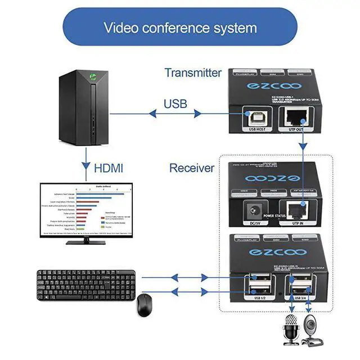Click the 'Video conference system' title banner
(180, 27)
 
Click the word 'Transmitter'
(193, 73)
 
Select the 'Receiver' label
(192, 168)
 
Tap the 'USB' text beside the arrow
(175, 104)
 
